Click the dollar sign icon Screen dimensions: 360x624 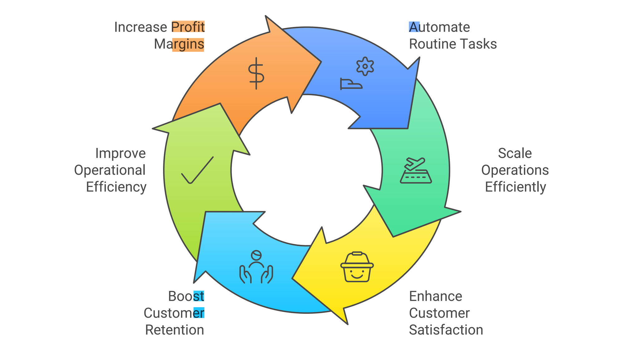[256, 73]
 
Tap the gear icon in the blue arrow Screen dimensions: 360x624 [365, 66]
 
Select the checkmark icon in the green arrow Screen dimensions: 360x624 [197, 170]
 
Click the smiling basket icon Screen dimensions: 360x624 [357, 267]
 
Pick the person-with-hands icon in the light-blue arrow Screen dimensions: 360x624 [256, 267]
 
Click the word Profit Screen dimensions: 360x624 [188, 27]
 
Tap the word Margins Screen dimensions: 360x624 [179, 44]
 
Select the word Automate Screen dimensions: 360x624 [439, 27]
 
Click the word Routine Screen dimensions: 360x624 [429, 44]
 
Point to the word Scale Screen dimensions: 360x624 [515, 153]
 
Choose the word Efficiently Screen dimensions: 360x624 [515, 187]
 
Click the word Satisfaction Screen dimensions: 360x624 [446, 330]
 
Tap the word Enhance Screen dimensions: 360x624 [436, 296]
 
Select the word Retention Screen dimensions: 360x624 [174, 330]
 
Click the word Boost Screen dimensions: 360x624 [186, 296]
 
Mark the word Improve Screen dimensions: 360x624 [120, 153]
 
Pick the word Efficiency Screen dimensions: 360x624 [116, 187]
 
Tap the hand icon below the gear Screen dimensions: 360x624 [351, 84]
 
